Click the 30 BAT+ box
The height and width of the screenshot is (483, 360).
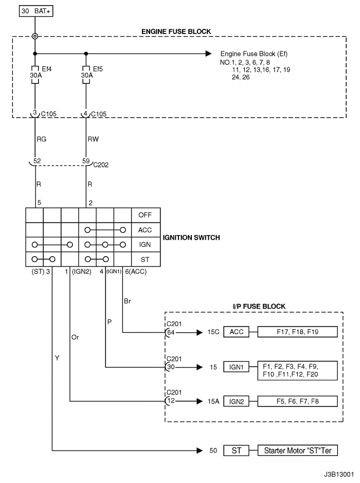click(35, 10)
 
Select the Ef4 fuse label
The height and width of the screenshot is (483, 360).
click(45, 67)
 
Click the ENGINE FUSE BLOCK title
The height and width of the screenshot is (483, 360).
click(176, 32)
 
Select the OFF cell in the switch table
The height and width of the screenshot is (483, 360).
click(146, 215)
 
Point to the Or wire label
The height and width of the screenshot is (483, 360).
click(76, 337)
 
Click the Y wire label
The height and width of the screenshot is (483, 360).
click(57, 356)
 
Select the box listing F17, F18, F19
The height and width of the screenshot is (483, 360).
click(298, 332)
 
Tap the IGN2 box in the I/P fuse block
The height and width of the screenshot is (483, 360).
click(236, 401)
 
